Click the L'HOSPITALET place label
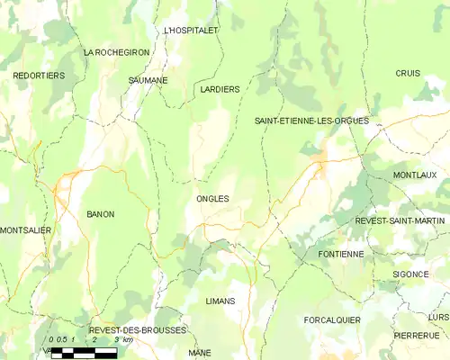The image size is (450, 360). [192, 30]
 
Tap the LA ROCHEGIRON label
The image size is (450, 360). [116, 53]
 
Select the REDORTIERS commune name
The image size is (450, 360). [39, 76]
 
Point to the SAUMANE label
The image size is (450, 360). [148, 80]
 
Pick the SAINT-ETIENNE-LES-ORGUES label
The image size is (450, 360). [311, 121]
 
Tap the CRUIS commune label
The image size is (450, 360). [408, 73]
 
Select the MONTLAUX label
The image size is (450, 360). [415, 175]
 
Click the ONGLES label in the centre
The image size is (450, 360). [212, 198]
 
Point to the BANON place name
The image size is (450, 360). [100, 214]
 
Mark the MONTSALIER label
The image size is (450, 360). [26, 230]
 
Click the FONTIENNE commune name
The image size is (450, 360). [341, 255]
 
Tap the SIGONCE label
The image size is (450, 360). [410, 274]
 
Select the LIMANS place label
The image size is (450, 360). [220, 301]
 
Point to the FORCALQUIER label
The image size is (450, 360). [332, 319]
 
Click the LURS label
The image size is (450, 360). [438, 317]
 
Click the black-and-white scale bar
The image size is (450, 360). [84, 353]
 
